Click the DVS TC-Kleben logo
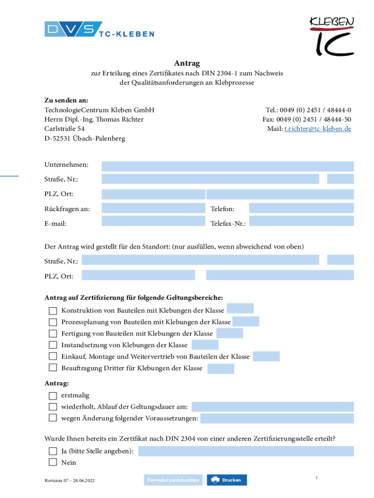pyautogui.click(x=99, y=30)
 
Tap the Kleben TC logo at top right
pyautogui.click(x=332, y=35)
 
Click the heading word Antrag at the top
pyautogui.click(x=187, y=64)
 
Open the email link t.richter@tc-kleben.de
pyautogui.click(x=318, y=129)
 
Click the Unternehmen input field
pyautogui.click(x=227, y=166)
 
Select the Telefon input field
pyautogui.click(x=301, y=209)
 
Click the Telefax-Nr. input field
pyautogui.click(x=301, y=221)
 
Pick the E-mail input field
pyautogui.click(x=153, y=221)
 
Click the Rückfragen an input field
pyautogui.click(x=153, y=209)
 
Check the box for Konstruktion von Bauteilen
pyautogui.click(x=53, y=311)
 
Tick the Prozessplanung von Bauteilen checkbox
pyautogui.click(x=53, y=322)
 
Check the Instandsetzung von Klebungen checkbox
pyautogui.click(x=53, y=345)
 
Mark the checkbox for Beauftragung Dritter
pyautogui.click(x=53, y=368)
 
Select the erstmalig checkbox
pyautogui.click(x=53, y=395)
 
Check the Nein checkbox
pyautogui.click(x=53, y=462)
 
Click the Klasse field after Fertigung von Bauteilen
pyautogui.click(x=229, y=333)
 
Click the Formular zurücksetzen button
pyautogui.click(x=173, y=480)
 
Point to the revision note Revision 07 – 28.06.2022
pyautogui.click(x=69, y=480)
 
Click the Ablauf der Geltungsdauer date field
pyautogui.click(x=272, y=407)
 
